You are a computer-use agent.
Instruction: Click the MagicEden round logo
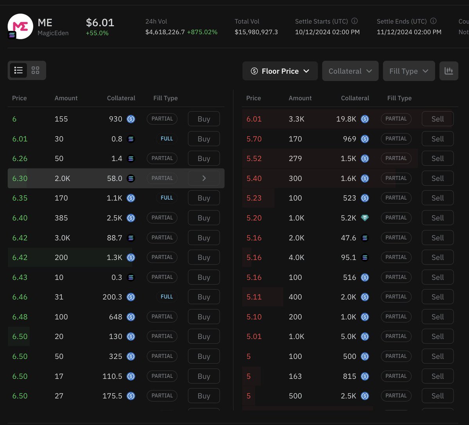[20, 26]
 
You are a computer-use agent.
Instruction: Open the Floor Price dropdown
[280, 71]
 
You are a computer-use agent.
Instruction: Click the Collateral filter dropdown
[350, 71]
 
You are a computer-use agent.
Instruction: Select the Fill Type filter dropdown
[408, 71]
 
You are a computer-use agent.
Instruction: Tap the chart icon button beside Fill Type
[449, 71]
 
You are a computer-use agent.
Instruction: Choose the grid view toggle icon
[36, 70]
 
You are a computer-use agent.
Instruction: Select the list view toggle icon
[18, 70]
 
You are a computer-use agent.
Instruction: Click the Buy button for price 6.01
[204, 139]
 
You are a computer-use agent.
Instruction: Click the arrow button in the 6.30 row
[204, 179]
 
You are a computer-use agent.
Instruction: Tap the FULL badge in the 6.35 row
[166, 198]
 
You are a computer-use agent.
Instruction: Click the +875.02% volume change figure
[202, 32]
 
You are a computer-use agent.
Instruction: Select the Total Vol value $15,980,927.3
[256, 32]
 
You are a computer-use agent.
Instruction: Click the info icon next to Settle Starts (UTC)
[354, 21]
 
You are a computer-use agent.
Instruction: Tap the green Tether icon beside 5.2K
[365, 218]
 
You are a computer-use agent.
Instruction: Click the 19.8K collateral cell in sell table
[346, 119]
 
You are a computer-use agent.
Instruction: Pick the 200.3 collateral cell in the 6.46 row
[112, 297]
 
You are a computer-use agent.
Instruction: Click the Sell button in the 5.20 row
[437, 218]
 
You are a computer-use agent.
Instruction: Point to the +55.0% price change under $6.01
[97, 33]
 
